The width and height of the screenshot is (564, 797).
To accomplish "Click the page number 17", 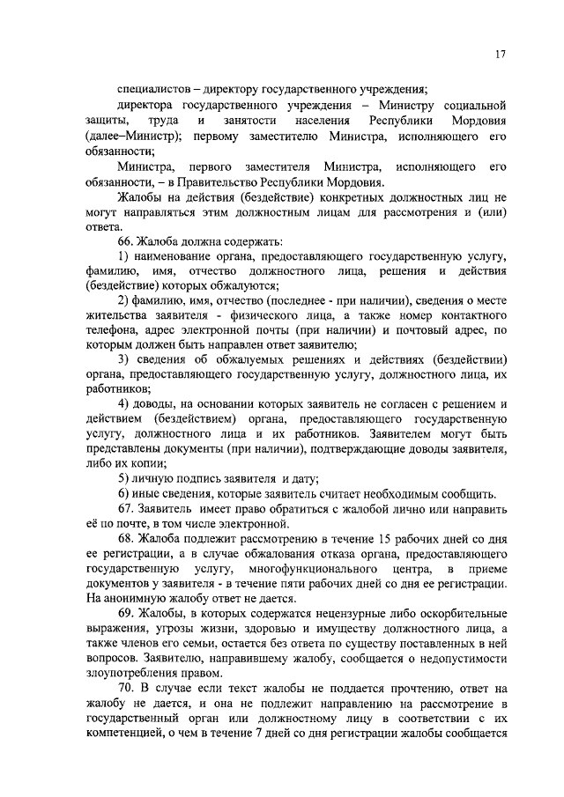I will coord(499,55).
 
